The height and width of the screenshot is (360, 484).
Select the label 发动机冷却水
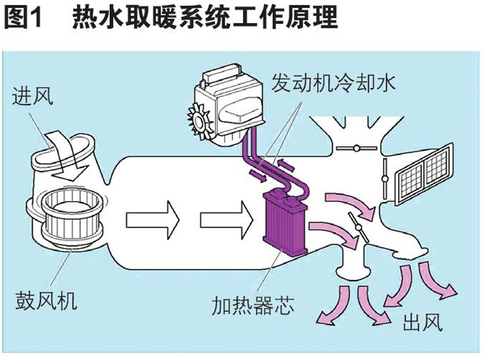pos(334,83)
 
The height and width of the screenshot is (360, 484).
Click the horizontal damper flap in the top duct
pos(356,148)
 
